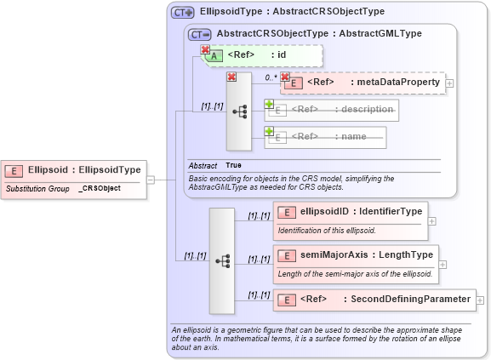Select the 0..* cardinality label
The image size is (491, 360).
pyautogui.click(x=271, y=77)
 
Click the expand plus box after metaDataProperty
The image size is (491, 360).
pyautogui.click(x=450, y=83)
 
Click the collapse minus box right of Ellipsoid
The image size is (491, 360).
pyautogui.click(x=150, y=180)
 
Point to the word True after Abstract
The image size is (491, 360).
pyautogui.click(x=234, y=164)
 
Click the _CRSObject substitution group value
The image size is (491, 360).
pyautogui.click(x=100, y=187)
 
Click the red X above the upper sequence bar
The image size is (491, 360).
pyautogui.click(x=231, y=77)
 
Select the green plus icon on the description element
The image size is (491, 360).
pyautogui.click(x=269, y=104)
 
